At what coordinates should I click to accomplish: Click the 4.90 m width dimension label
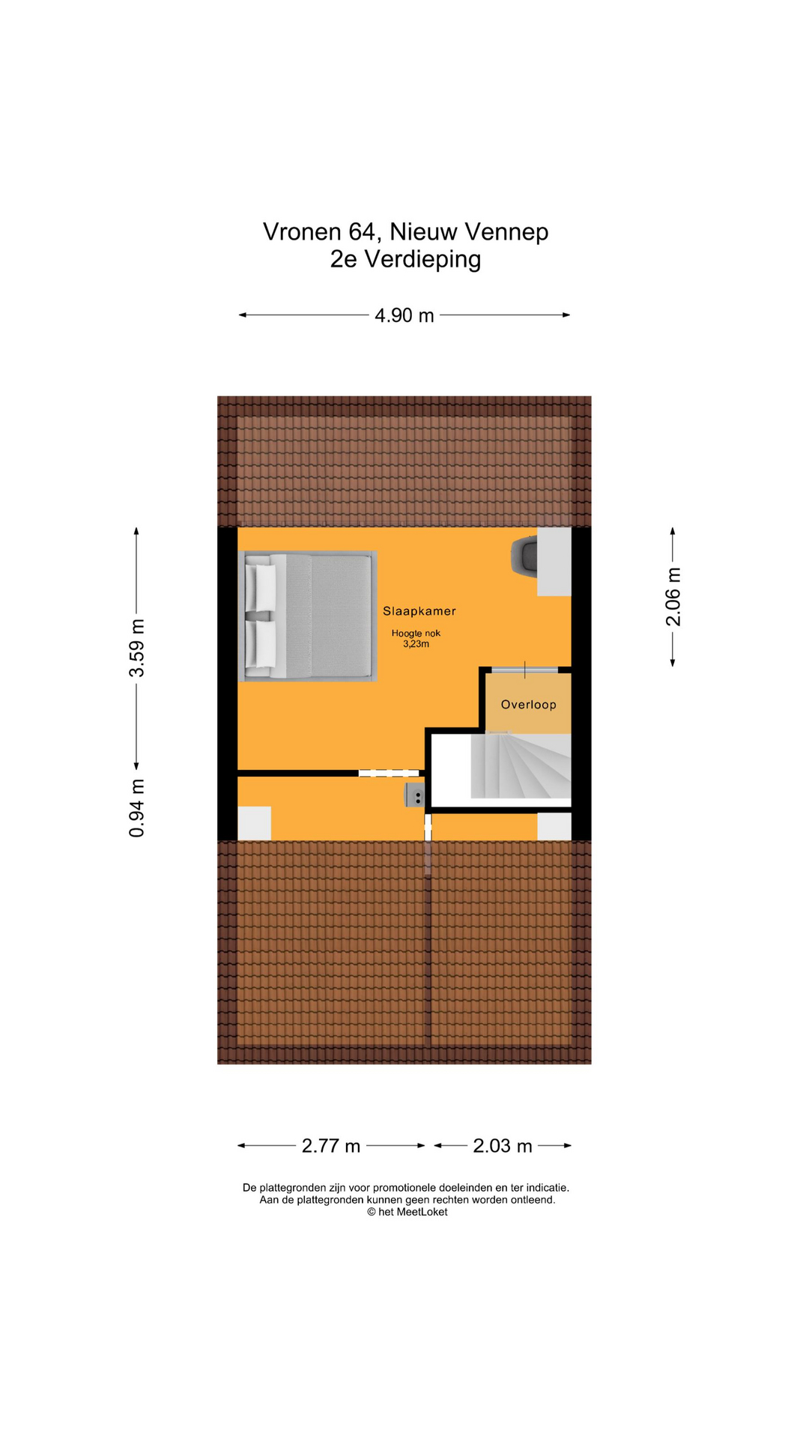coord(404,315)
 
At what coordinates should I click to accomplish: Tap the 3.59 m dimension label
coord(136,649)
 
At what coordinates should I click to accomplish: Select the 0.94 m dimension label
coord(136,808)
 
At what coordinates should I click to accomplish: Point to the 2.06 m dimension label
coord(673,597)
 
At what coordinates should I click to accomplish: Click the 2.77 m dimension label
coord(331,1146)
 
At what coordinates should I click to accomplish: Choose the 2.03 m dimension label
coord(503,1146)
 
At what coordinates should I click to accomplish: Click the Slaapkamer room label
coord(419,611)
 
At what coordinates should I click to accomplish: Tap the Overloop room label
coord(529,705)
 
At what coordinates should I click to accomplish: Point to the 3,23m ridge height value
coord(416,644)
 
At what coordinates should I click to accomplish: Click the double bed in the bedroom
coord(307,616)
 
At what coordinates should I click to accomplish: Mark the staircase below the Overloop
coord(521,765)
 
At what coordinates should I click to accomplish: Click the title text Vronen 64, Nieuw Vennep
coord(405,232)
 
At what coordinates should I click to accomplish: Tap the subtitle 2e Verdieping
coord(405,259)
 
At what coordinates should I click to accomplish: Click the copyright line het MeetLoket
coord(407,1212)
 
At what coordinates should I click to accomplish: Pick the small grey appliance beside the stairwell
coord(414,795)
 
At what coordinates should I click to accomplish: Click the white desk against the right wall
coord(554,562)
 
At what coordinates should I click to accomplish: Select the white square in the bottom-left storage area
coord(254,823)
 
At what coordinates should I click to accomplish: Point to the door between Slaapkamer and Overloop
coord(524,669)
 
